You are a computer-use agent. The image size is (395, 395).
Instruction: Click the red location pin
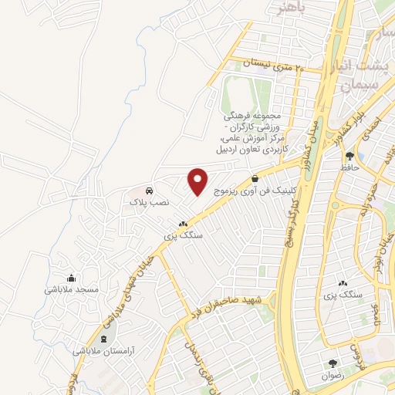pyautogui.click(x=198, y=181)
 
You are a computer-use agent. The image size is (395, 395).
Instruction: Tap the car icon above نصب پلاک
pyautogui.click(x=149, y=190)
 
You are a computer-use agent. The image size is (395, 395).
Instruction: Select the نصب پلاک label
pyautogui.click(x=150, y=202)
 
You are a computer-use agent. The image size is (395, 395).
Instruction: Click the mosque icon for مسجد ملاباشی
pyautogui.click(x=72, y=279)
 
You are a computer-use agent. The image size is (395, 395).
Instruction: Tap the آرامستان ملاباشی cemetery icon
pyautogui.click(x=103, y=338)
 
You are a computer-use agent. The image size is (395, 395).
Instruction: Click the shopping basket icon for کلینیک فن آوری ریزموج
pyautogui.click(x=255, y=178)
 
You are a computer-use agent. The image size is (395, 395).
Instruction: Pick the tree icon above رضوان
pyautogui.click(x=333, y=363)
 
